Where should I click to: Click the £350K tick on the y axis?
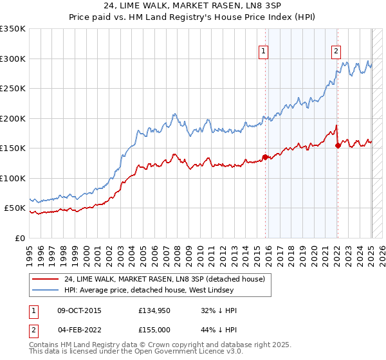12,29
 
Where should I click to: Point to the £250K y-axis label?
12,89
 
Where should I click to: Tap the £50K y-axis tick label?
15,208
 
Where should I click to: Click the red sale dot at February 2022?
338,145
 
